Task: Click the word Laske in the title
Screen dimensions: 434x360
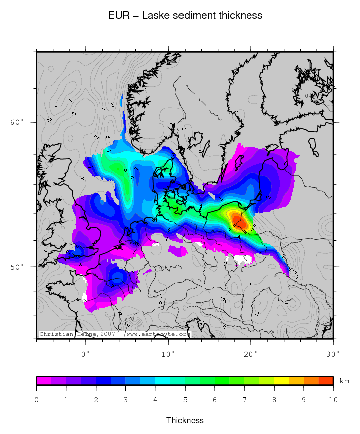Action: (155, 16)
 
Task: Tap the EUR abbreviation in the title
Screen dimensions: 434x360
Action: (118, 16)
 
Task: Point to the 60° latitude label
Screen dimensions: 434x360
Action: (17, 122)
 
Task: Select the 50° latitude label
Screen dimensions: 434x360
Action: (17, 266)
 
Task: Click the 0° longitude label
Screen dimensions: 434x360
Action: (86, 354)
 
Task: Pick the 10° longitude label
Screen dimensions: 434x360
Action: (168, 354)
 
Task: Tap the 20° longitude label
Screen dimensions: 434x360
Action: (251, 354)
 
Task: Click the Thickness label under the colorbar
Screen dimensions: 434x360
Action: (185, 420)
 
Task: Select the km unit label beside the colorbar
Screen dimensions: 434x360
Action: (344, 381)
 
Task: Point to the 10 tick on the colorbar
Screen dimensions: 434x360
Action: (333, 400)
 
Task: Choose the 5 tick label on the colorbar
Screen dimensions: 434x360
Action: (185, 400)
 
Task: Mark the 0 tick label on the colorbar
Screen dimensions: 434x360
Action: (36, 400)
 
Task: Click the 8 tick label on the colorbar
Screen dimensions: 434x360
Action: (274, 400)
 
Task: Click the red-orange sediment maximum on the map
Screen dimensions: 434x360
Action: (240, 221)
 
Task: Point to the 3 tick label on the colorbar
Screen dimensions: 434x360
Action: (126, 400)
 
